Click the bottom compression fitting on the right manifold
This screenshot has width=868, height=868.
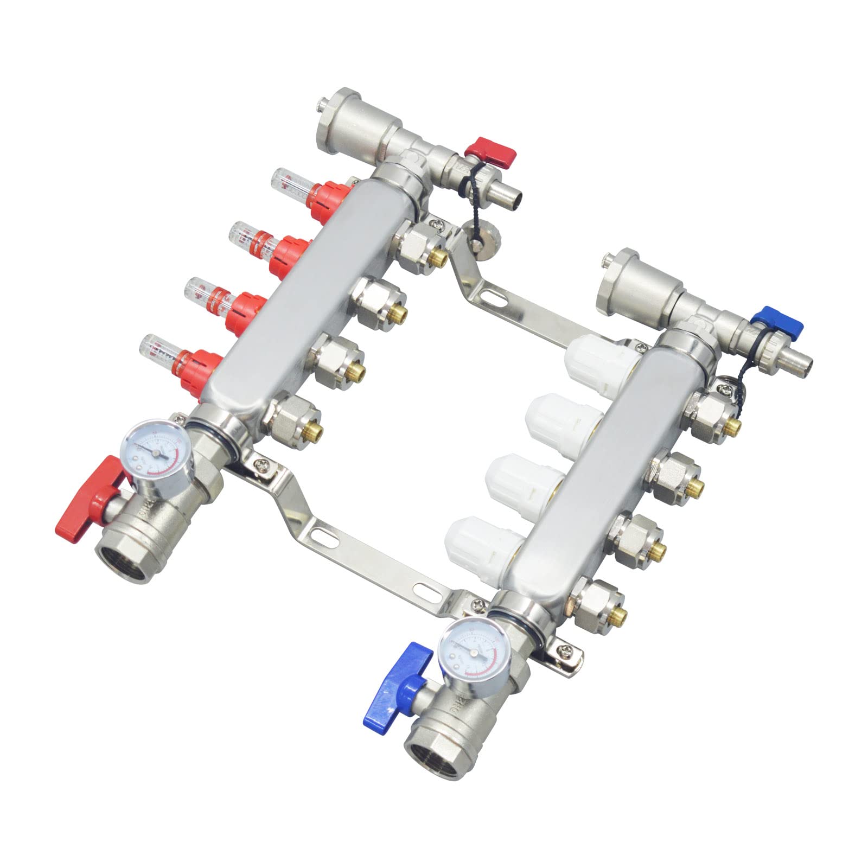(599, 603)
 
